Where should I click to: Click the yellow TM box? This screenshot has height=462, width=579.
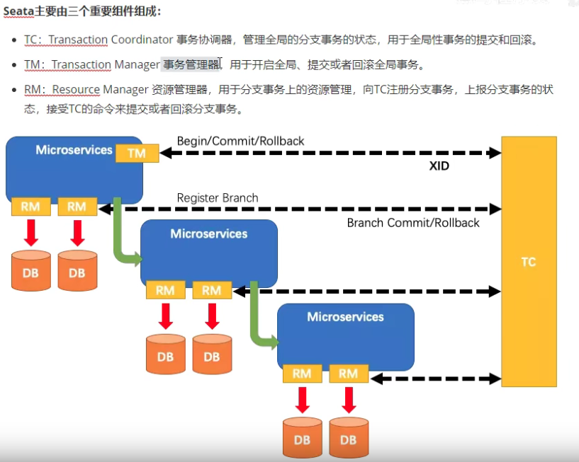137,153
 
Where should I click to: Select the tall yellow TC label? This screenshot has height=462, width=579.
529,262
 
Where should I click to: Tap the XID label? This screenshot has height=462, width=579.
439,167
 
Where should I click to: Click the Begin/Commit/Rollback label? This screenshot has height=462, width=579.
240,141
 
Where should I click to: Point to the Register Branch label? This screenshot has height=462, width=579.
218,197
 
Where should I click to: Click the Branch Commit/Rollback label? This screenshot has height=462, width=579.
413,223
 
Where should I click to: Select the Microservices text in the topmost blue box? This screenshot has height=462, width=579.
74,150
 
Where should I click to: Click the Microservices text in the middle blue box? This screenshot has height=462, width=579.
209,233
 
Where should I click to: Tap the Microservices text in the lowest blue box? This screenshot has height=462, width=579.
345,317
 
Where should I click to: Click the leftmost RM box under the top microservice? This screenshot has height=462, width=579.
30,207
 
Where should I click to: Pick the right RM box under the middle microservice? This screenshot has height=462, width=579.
211,290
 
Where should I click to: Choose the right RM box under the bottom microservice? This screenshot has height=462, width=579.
348,374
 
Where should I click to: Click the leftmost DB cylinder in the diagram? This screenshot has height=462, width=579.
30,272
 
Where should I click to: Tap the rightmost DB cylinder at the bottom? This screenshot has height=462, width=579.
348,438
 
